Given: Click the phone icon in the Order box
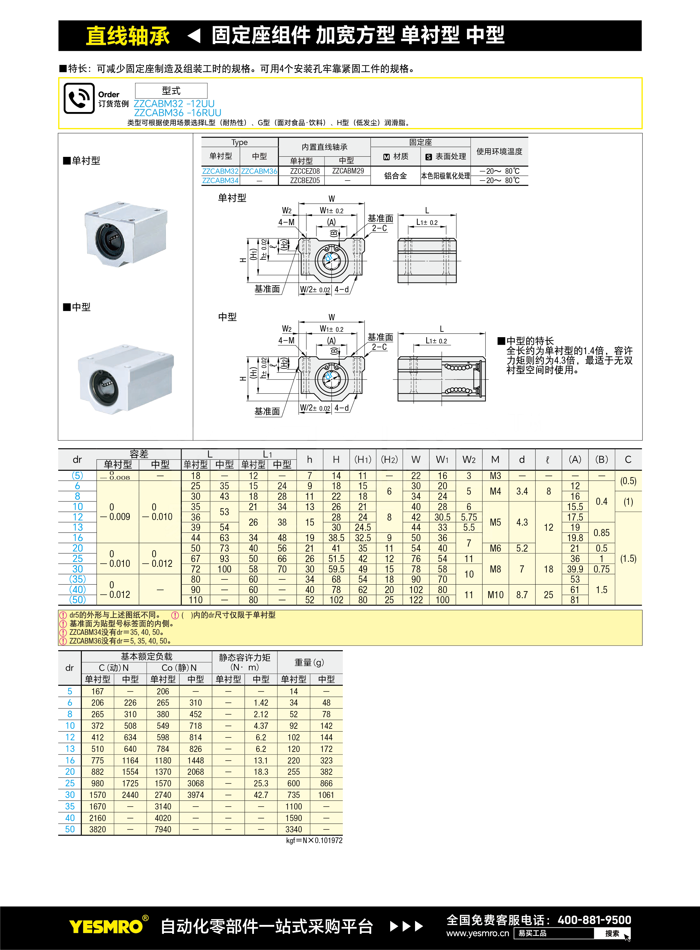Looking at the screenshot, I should [79, 98].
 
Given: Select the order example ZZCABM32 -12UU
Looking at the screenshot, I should [174, 103].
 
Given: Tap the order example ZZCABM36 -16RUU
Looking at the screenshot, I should [177, 113].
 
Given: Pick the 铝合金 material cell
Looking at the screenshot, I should [395, 176].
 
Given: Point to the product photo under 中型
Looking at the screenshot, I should [126, 379].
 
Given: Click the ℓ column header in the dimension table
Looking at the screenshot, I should [548, 460].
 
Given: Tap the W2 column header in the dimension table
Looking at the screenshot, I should [469, 460].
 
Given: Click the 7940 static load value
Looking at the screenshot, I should [163, 829].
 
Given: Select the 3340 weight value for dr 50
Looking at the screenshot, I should [294, 829].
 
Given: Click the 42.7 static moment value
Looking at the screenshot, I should [261, 795].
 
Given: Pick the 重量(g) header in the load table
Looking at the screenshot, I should [309, 662].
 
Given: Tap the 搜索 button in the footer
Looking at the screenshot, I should [612, 933].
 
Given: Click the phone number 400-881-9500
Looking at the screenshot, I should [594, 920].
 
